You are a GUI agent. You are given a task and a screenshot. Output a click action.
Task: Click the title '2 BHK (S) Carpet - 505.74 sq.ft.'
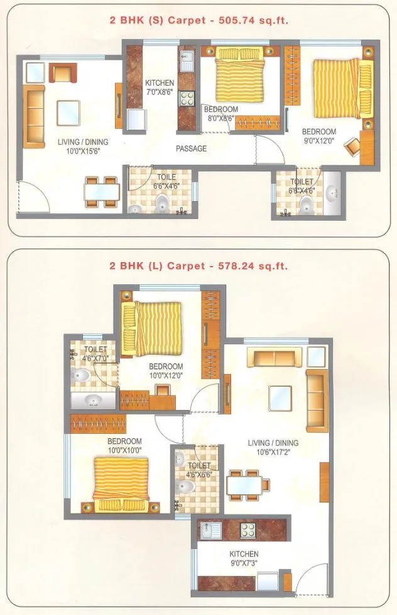click(198, 21)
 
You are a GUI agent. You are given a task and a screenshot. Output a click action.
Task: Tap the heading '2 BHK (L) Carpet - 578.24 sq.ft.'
click(198, 266)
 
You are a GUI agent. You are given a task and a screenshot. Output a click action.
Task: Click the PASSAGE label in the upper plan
click(191, 149)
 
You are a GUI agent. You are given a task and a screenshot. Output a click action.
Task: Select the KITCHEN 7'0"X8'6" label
click(160, 87)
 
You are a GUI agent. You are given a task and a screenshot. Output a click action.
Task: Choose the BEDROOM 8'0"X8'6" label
click(221, 113)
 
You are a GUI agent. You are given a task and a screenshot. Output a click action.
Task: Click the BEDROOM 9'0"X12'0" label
click(319, 136)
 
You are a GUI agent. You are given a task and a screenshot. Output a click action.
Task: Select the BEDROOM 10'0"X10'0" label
click(124, 445)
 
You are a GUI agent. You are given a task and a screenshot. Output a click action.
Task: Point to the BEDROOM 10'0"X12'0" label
click(166, 371)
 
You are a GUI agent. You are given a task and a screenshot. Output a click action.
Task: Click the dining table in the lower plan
click(249, 485)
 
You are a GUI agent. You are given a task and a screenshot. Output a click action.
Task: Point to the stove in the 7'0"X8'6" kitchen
click(187, 98)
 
